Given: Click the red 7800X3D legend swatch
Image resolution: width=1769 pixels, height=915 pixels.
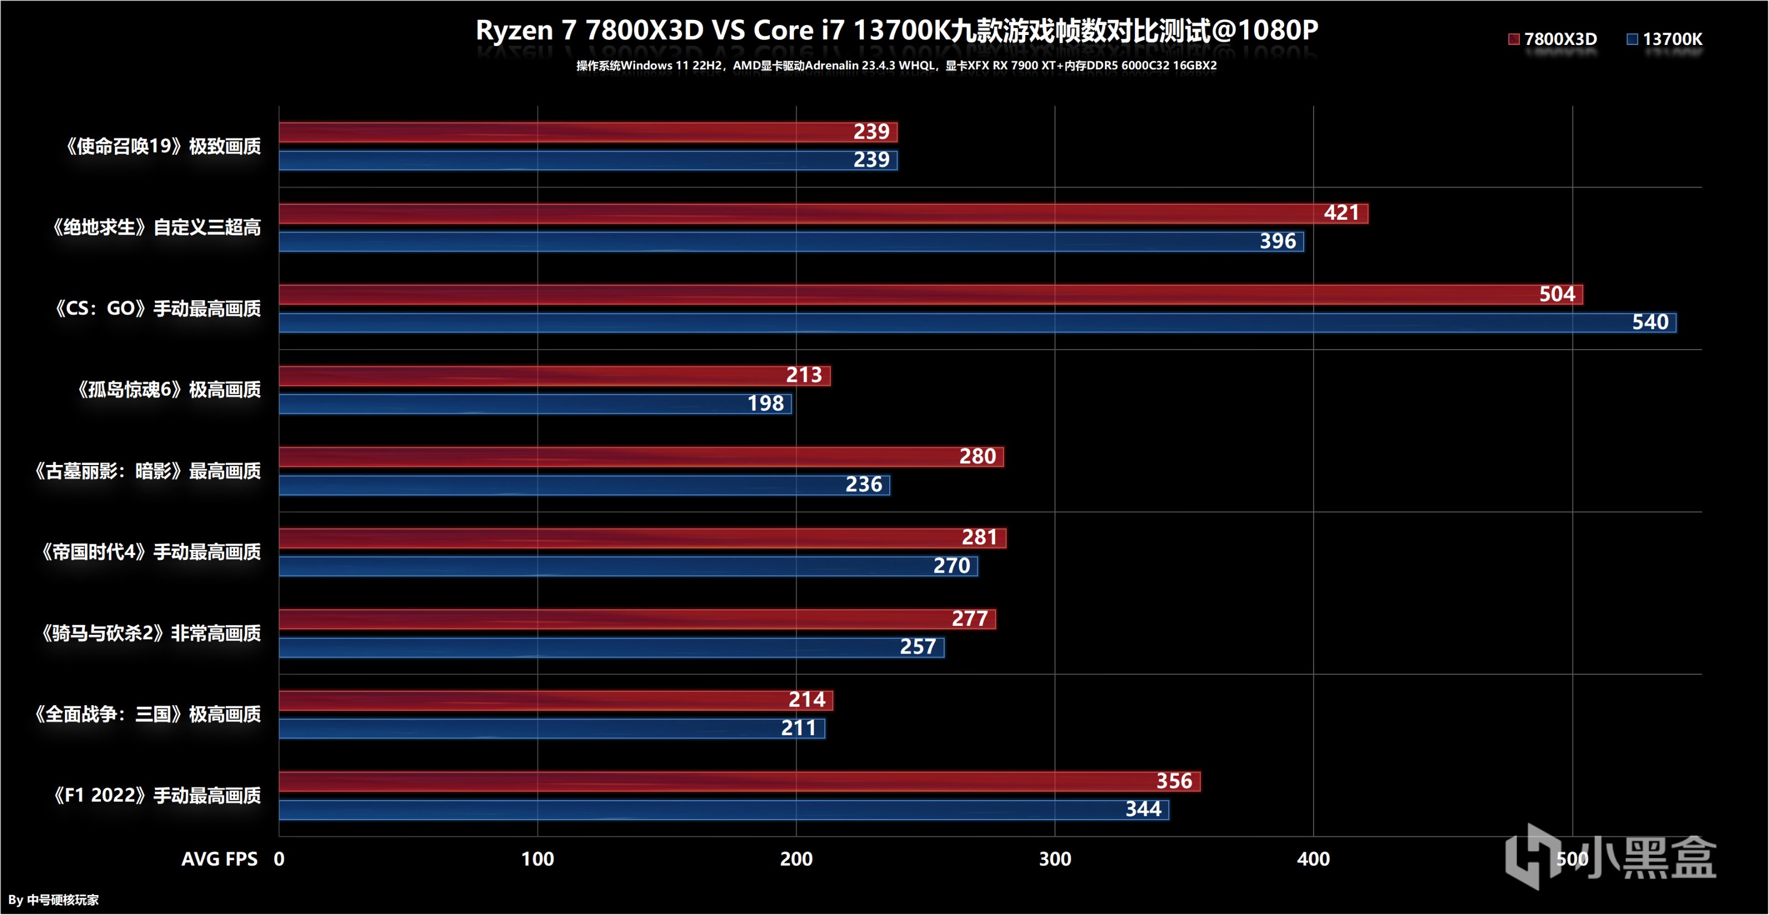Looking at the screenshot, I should point(1513,39).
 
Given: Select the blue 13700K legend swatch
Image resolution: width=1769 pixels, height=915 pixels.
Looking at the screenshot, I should point(1633,39).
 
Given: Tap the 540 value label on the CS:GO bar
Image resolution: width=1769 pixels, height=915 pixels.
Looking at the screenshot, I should point(1650,322).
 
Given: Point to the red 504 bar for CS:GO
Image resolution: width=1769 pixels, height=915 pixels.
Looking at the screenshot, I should point(893,295).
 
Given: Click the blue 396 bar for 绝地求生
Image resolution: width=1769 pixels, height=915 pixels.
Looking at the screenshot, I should point(756,242).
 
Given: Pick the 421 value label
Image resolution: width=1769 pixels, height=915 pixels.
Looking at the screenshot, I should point(1341,213).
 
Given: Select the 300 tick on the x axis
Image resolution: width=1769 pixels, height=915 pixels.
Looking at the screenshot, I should point(1055,858).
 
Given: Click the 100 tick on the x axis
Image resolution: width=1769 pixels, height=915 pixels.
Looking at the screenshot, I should point(537,858).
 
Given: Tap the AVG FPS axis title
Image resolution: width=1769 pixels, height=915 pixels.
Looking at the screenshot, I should point(219,858).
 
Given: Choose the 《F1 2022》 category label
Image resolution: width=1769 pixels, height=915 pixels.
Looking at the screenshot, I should point(156,796).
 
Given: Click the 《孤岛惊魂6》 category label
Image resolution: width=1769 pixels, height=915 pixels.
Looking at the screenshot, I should point(168,390).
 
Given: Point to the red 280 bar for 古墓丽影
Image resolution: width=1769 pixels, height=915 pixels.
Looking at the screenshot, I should point(618,457).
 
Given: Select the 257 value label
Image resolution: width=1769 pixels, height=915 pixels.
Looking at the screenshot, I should point(918,647).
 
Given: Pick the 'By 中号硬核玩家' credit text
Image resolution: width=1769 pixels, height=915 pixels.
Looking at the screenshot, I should point(54,900).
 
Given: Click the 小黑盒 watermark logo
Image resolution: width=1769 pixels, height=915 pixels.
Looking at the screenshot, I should point(1610,857).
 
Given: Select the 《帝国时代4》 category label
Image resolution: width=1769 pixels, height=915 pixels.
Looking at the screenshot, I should point(150,552).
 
